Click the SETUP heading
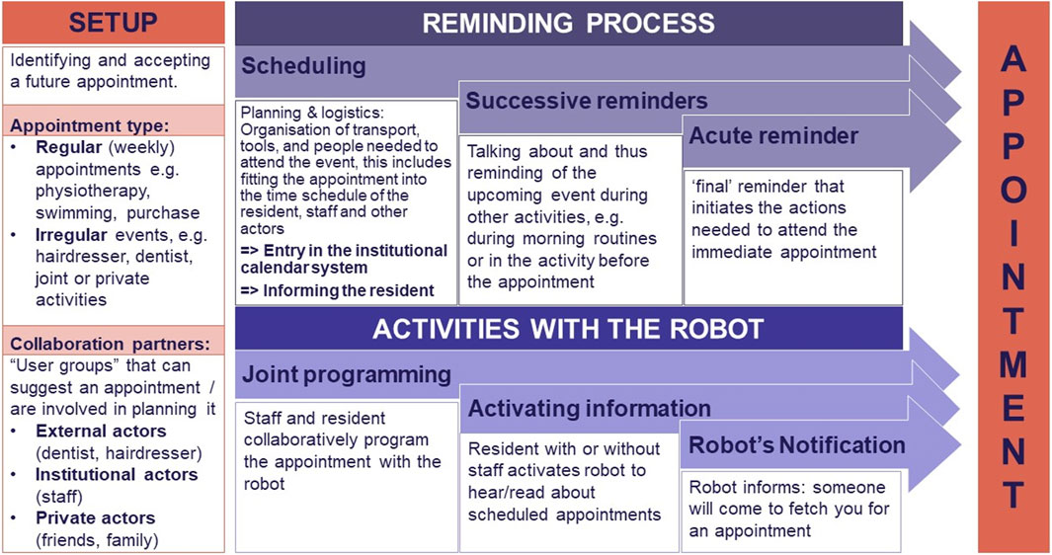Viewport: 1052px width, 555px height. click(x=113, y=22)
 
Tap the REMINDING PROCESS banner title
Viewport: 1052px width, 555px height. click(x=568, y=24)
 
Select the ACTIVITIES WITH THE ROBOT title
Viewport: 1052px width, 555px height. click(x=568, y=329)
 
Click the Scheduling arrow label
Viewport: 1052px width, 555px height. click(x=303, y=66)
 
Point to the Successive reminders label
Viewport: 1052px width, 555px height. click(x=587, y=101)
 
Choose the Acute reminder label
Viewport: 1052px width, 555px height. click(x=773, y=135)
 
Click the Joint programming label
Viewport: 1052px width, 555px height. click(x=346, y=374)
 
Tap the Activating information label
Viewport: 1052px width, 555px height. click(x=589, y=408)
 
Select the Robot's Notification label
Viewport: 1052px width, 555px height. click(x=797, y=445)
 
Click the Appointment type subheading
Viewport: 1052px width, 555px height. click(x=89, y=125)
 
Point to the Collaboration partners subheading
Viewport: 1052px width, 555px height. click(x=110, y=345)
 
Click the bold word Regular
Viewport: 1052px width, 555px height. click(x=69, y=147)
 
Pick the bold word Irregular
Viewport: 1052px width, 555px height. click(x=72, y=235)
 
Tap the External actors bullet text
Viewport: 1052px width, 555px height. click(x=101, y=431)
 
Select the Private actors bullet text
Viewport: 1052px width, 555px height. click(x=95, y=518)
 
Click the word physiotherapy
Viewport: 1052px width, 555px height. click(x=93, y=192)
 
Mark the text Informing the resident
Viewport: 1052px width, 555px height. click(x=349, y=290)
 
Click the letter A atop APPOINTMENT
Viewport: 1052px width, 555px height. click(x=1013, y=60)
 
